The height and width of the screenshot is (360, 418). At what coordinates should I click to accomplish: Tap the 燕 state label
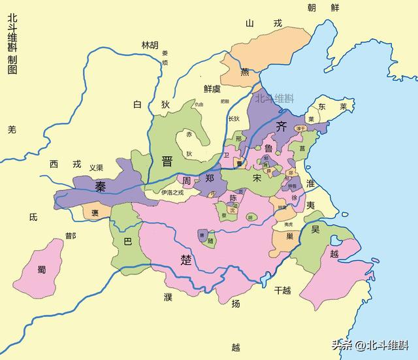(244, 73)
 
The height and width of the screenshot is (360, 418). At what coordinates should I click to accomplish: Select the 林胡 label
(150, 45)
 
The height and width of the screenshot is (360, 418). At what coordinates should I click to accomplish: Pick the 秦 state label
(101, 187)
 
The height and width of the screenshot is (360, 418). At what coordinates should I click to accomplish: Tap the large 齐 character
(281, 126)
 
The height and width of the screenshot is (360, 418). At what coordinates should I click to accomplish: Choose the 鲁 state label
(269, 149)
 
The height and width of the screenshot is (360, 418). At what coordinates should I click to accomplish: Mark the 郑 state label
(209, 178)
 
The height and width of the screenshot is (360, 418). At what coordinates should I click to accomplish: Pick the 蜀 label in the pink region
(42, 269)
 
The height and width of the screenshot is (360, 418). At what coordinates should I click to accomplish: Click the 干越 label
(282, 289)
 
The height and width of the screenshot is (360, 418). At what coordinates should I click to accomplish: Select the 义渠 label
(96, 167)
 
